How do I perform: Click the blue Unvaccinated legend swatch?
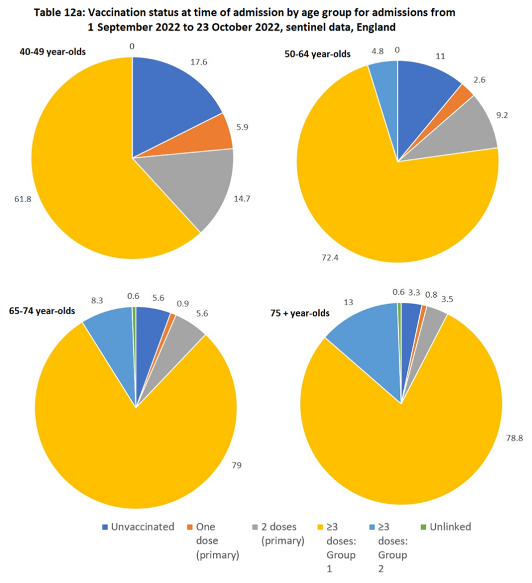(x=105, y=527)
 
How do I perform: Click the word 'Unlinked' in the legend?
(x=451, y=527)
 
